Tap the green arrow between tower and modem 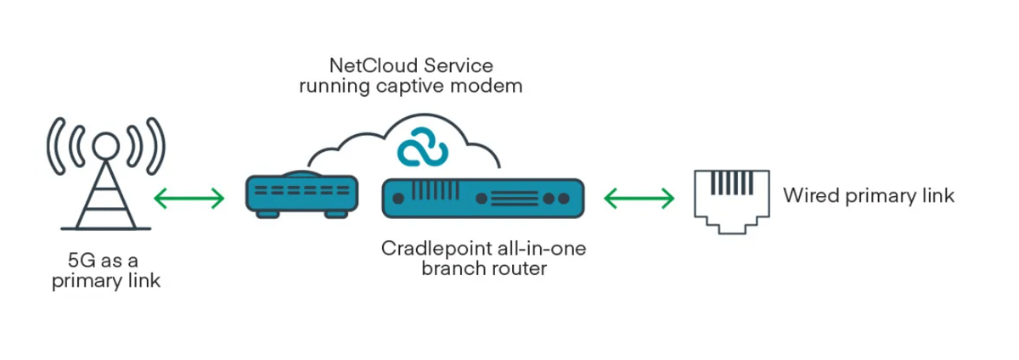click(x=189, y=199)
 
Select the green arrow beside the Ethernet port click(x=639, y=199)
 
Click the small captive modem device click(x=301, y=193)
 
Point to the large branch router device click(x=482, y=199)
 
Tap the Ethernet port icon click(x=730, y=198)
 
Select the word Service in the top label click(x=462, y=65)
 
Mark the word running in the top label click(x=329, y=86)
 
